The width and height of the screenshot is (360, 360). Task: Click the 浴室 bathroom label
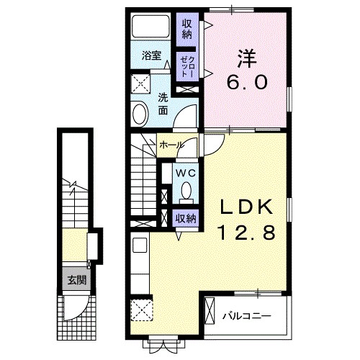pyautogui.click(x=151, y=55)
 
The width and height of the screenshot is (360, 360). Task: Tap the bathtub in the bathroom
pyautogui.click(x=150, y=26)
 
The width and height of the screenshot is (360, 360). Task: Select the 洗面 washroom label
pyautogui.click(x=163, y=104)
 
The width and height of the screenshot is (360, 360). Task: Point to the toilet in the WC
pyautogui.click(x=186, y=192)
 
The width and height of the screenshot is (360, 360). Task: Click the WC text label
pyautogui.click(x=186, y=173)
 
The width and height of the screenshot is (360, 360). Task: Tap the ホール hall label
pyautogui.click(x=171, y=145)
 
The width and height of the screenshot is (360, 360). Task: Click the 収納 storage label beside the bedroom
pyautogui.click(x=186, y=29)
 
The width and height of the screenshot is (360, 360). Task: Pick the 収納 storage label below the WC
pyautogui.click(x=186, y=218)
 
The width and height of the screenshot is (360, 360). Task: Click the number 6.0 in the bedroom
pyautogui.click(x=247, y=82)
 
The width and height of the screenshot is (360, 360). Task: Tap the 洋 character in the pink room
pyautogui.click(x=247, y=58)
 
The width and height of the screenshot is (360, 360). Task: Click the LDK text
pyautogui.click(x=247, y=207)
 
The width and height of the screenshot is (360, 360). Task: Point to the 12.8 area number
pyautogui.click(x=246, y=233)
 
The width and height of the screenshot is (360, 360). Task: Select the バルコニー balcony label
pyautogui.click(x=247, y=316)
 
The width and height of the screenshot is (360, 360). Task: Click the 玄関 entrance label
pyautogui.click(x=76, y=280)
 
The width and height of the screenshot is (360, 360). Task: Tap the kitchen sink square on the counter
pyautogui.click(x=140, y=245)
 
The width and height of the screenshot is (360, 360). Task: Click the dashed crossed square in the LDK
pyautogui.click(x=142, y=310)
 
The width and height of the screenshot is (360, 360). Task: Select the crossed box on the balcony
pyautogui.click(x=210, y=311)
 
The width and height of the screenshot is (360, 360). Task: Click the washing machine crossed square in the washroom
pyautogui.click(x=140, y=84)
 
